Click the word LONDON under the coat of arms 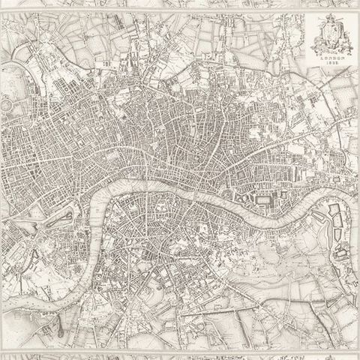[x=331, y=55]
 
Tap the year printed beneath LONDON [x=331, y=61]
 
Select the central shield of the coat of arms [x=331, y=34]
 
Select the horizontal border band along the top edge [x=180, y=5]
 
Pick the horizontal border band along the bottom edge [x=180, y=353]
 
